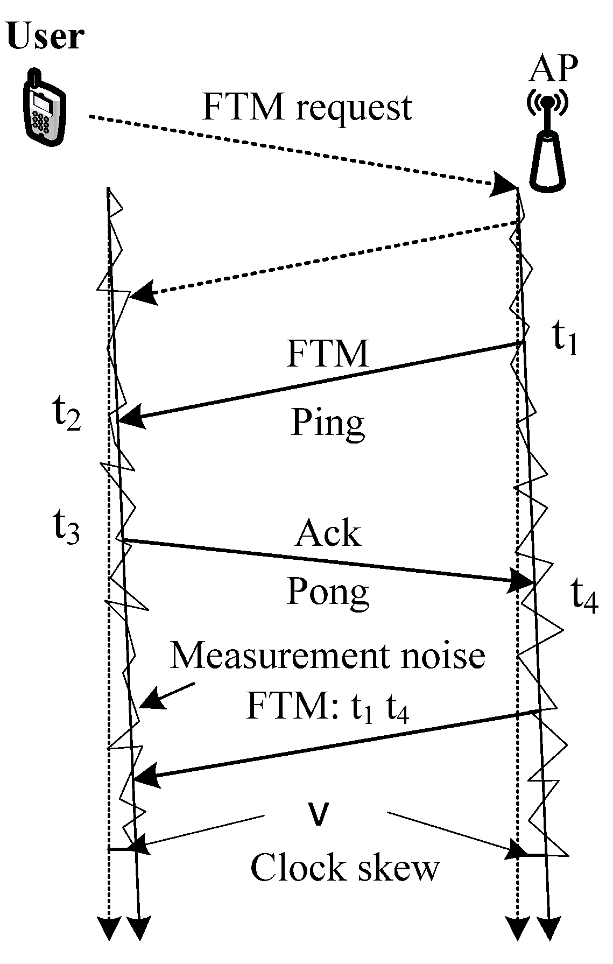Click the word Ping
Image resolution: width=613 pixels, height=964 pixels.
[x=328, y=423]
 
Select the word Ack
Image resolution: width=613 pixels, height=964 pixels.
[x=328, y=533]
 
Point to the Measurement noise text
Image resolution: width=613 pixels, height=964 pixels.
[x=327, y=655]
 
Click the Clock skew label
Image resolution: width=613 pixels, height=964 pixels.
[x=344, y=868]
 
